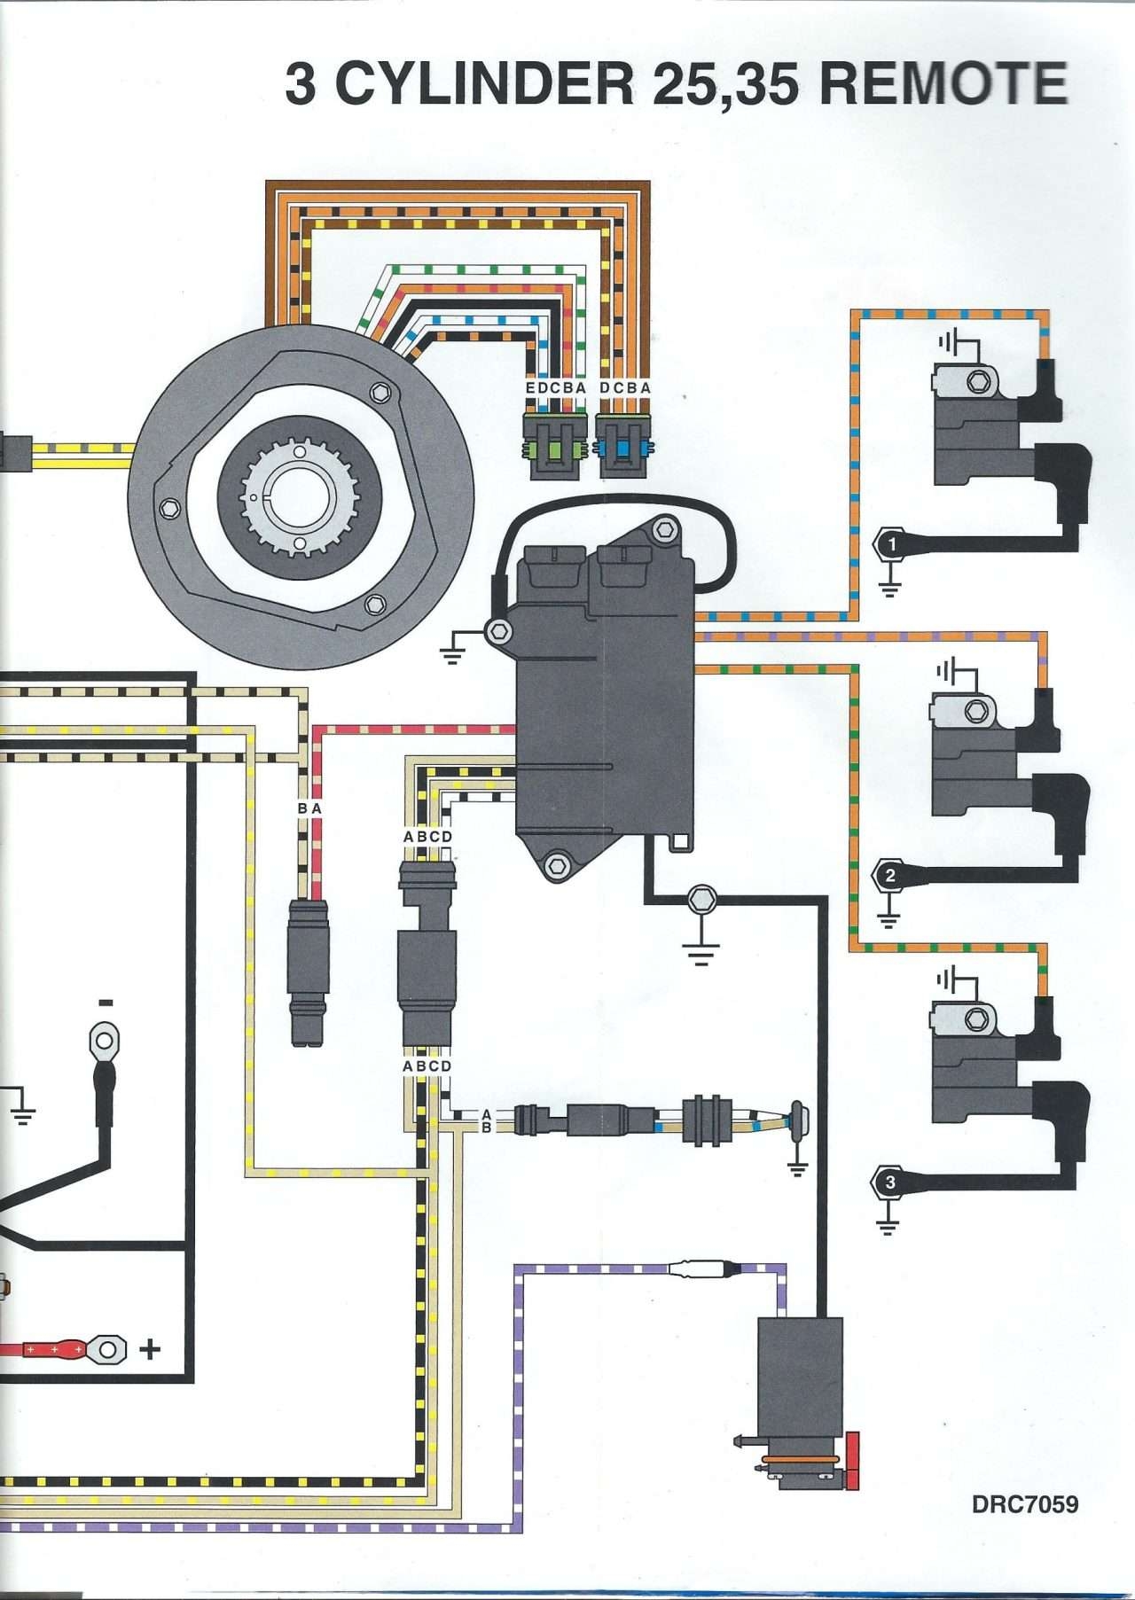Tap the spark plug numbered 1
tap(890, 543)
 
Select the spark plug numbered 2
tap(889, 877)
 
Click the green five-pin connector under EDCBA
tap(555, 439)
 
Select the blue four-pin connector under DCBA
tap(624, 439)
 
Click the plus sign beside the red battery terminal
tap(151, 1349)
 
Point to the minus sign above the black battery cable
tap(106, 1002)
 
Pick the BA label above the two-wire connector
tap(309, 808)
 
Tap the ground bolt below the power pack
tap(701, 900)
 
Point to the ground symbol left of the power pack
tap(453, 654)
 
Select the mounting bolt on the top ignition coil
tap(978, 382)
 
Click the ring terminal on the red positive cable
tap(107, 1349)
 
